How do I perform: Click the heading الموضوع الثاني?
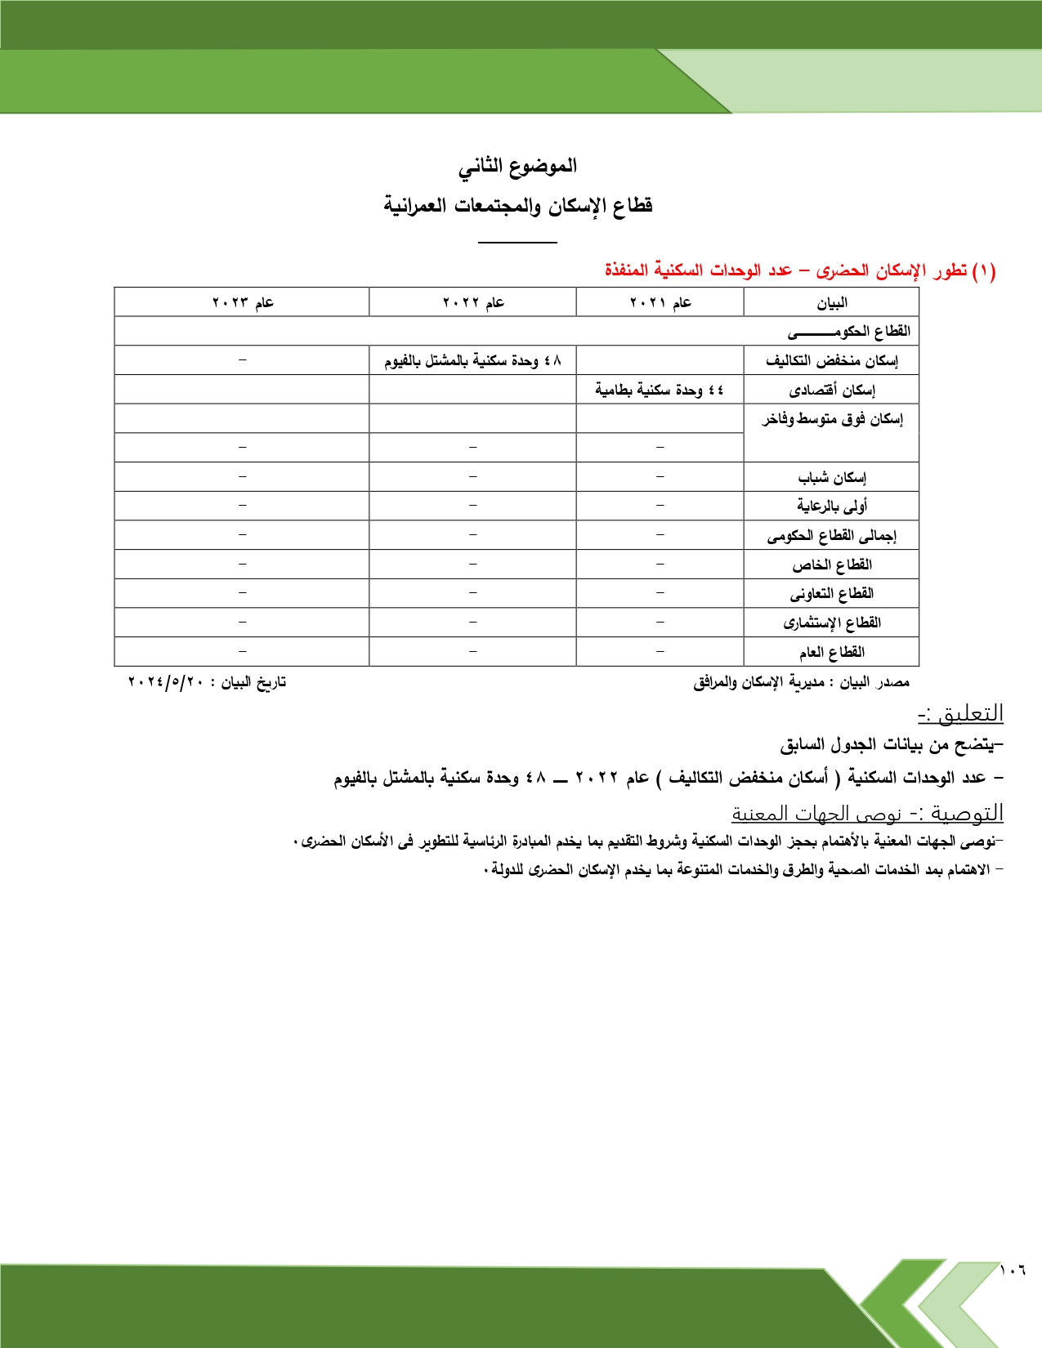517,166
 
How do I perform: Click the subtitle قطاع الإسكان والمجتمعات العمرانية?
518,205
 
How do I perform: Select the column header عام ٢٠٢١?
660,302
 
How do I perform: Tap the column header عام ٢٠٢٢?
473,302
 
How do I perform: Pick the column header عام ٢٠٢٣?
243,302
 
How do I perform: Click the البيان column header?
832,303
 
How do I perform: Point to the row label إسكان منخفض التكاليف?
832,360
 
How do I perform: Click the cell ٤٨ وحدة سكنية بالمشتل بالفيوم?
473,360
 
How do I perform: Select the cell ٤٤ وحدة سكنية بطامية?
660,390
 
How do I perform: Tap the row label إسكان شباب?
832,477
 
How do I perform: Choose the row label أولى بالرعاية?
832,506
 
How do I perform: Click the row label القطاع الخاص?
832,565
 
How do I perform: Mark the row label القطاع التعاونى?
832,593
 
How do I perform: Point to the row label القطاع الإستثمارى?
832,623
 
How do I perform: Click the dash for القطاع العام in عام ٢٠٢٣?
243,652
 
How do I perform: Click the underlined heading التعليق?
961,713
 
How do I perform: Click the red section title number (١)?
984,270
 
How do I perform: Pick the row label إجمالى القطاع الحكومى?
832,536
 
